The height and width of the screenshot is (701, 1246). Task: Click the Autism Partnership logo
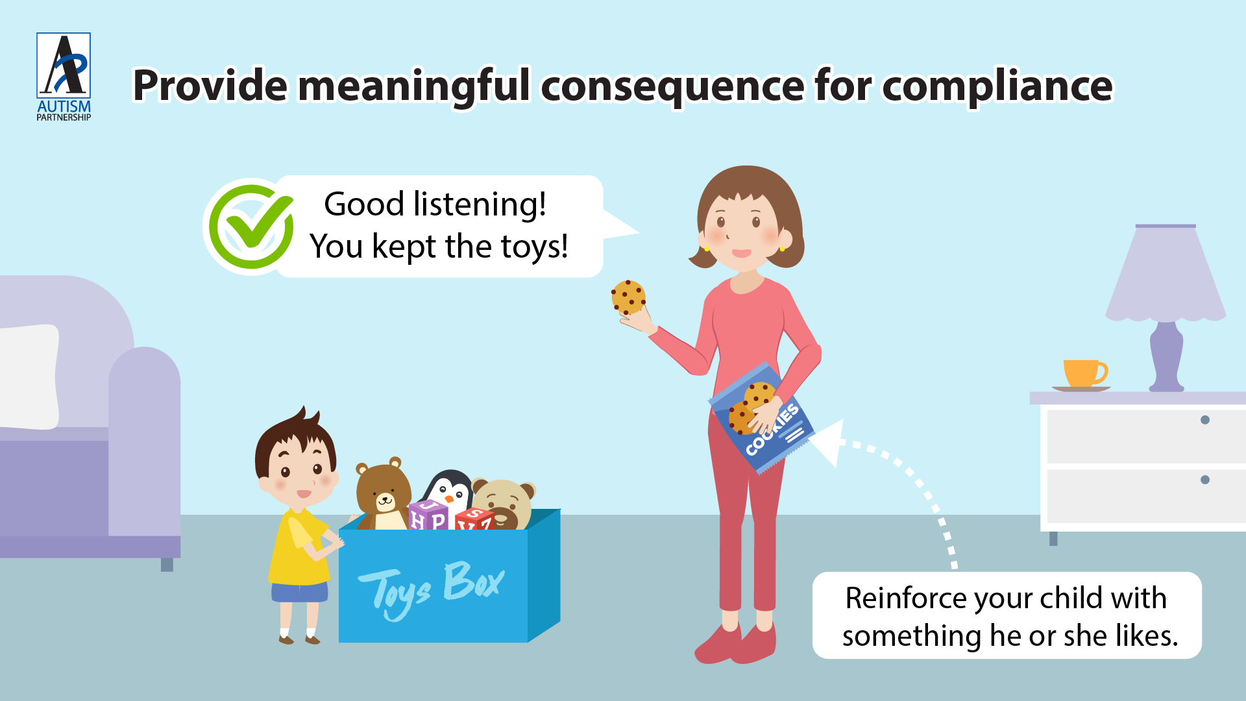click(x=64, y=77)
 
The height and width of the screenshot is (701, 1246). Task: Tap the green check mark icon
click(x=251, y=227)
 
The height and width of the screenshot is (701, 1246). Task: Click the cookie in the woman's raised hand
click(x=628, y=297)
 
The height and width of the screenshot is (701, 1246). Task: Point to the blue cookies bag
click(x=761, y=417)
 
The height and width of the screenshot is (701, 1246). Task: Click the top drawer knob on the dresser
click(x=1205, y=420)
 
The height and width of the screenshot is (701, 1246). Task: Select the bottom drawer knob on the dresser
click(x=1205, y=480)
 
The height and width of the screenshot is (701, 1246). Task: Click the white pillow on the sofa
click(x=29, y=376)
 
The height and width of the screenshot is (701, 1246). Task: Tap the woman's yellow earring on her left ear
click(x=782, y=248)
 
